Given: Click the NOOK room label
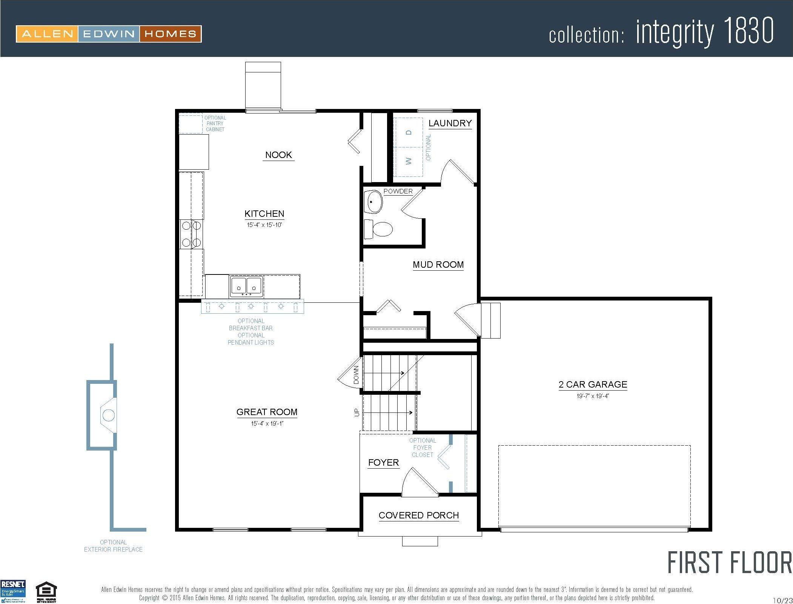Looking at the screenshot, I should click(x=278, y=155).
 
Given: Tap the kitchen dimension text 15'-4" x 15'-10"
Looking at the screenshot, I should click(x=264, y=225).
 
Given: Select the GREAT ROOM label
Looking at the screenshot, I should click(x=267, y=412).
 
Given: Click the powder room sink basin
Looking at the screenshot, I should click(x=373, y=202).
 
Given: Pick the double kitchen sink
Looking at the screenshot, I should click(x=246, y=286).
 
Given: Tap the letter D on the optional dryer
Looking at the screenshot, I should click(x=409, y=132).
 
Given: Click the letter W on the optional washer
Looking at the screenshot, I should click(x=409, y=161).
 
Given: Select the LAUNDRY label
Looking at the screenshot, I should click(x=450, y=123).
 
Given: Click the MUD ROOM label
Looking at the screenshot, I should click(x=438, y=265).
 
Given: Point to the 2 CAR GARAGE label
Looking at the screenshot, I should click(x=593, y=384).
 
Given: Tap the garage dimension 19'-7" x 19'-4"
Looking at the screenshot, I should click(x=593, y=396).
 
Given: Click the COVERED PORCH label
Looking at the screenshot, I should click(x=418, y=515).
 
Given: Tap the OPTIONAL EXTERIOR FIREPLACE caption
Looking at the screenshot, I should click(x=113, y=546).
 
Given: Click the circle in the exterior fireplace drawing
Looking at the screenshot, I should click(x=109, y=415).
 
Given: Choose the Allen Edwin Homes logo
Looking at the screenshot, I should click(x=109, y=34).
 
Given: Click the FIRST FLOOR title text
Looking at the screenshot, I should click(x=729, y=563).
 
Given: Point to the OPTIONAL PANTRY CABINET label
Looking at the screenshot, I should click(x=215, y=123).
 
